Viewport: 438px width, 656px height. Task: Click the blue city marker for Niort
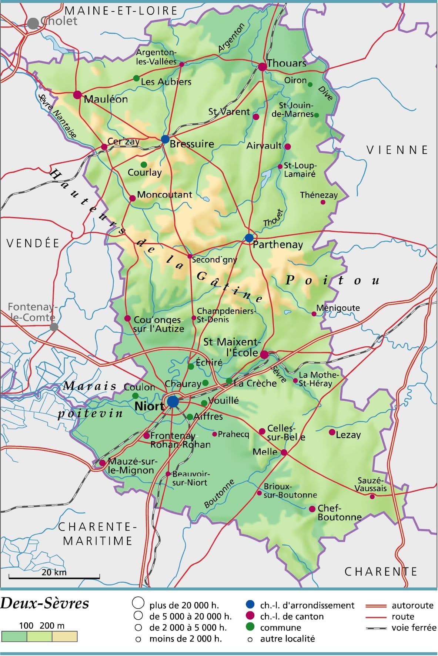point(173,401)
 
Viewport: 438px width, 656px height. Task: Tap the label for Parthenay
point(278,244)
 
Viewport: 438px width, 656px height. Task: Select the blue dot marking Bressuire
point(165,139)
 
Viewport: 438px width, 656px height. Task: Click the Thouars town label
point(286,63)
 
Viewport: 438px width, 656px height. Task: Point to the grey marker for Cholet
point(33,23)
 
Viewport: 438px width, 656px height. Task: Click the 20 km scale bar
point(54,577)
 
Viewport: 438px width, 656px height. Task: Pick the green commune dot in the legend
point(250,627)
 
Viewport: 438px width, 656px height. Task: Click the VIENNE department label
point(397,150)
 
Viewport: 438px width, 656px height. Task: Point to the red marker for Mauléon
point(77,95)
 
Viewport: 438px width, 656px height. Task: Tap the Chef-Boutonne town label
point(339,513)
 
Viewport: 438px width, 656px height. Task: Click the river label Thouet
point(273,218)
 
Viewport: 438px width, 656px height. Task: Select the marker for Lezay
point(332,432)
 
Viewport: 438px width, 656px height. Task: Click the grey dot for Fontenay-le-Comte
point(54,327)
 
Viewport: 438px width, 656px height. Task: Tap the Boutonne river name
point(219,494)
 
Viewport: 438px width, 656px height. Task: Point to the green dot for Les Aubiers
point(136,78)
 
